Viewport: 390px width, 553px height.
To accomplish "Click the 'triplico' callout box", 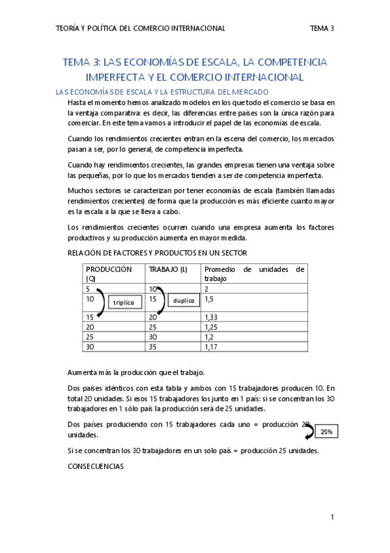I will pyautogui.click(x=123, y=303).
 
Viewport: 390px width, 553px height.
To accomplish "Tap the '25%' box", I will pyautogui.click(x=325, y=432).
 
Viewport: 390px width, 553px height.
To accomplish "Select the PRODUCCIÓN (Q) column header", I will pyautogui.click(x=109, y=273).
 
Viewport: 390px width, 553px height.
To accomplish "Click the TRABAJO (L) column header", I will pyautogui.click(x=168, y=269).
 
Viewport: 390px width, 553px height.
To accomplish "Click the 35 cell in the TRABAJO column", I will pyautogui.click(x=154, y=347).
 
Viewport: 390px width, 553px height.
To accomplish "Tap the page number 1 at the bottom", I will pyautogui.click(x=331, y=517).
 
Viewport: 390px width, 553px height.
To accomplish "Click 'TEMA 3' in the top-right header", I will pyautogui.click(x=322, y=28).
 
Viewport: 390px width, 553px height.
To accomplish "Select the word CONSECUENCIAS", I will pyautogui.click(x=96, y=467).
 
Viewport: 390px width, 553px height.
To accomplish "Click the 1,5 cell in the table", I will pyautogui.click(x=208, y=299).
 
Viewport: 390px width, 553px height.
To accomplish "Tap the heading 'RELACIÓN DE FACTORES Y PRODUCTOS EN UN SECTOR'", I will pyautogui.click(x=157, y=253).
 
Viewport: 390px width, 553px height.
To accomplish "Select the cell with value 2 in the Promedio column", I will pyautogui.click(x=206, y=288).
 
